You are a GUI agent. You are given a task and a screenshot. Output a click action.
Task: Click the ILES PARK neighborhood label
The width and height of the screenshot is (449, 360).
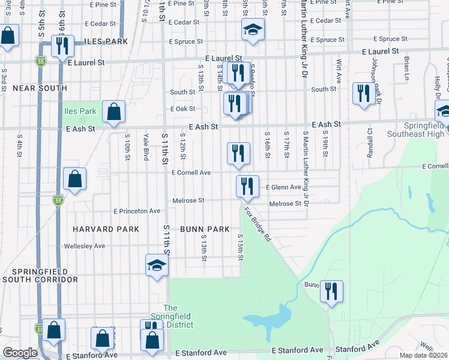point(106,42)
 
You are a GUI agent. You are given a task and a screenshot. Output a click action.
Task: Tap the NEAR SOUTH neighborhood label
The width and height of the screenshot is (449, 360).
point(40,88)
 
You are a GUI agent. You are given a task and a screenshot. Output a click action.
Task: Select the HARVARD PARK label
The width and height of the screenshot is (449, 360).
point(106,229)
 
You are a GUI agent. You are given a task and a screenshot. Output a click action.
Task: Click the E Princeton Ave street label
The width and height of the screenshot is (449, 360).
point(137,211)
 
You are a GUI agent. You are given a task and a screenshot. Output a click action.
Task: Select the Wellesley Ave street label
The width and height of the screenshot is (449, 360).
point(85,246)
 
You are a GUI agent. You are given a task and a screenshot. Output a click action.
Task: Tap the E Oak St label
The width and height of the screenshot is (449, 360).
point(183,109)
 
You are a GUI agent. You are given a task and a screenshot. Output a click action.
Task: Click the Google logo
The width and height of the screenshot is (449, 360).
point(20,353)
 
